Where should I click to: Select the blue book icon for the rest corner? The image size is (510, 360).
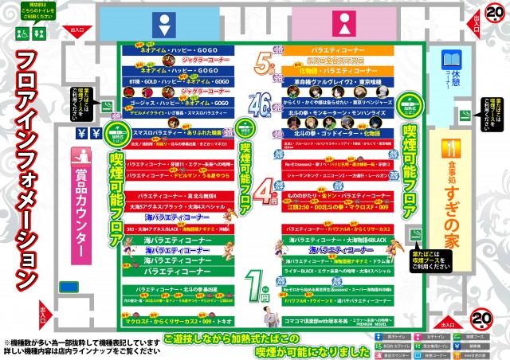coord(452,61)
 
